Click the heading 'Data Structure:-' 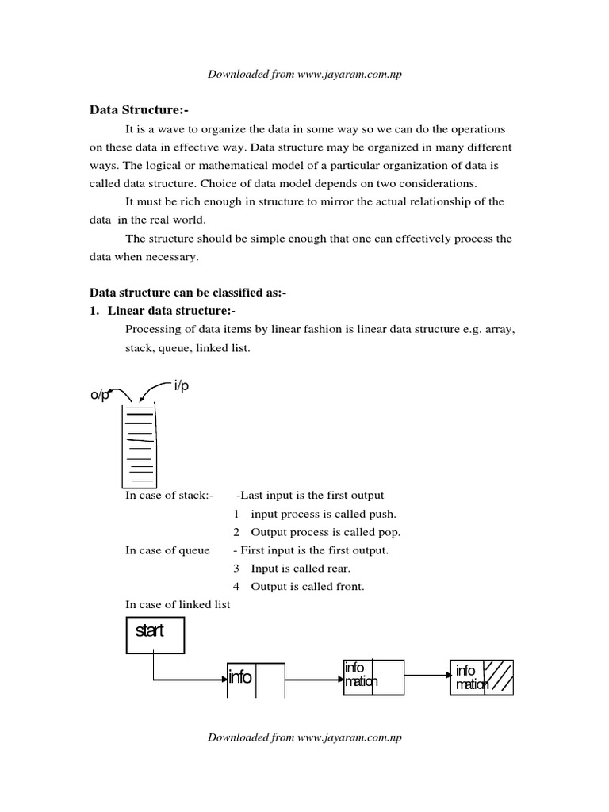coord(139,111)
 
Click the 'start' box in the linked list coord(155,634)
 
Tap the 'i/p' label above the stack coord(182,385)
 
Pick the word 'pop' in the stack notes coord(385,532)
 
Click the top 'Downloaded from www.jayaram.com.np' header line coord(304,75)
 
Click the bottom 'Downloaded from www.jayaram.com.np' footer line coord(304,737)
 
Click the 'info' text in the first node coord(240,677)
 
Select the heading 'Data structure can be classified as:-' coord(187,293)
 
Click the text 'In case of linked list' coord(178,605)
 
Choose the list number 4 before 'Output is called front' coord(236,587)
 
